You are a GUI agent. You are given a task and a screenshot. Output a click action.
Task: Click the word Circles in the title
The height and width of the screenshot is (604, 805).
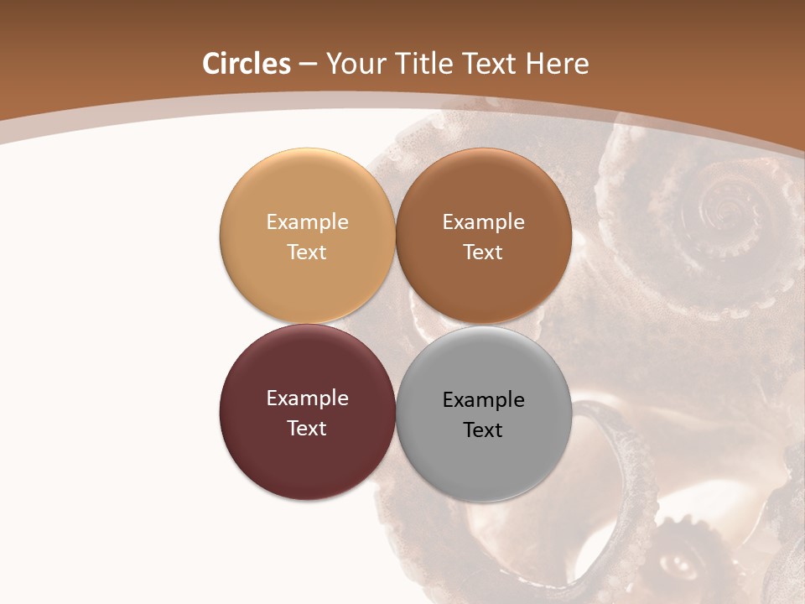point(246,64)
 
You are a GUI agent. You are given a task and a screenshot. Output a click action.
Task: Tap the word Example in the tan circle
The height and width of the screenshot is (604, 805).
point(307,221)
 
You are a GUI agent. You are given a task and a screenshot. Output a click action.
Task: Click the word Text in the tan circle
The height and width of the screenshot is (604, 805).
point(307,252)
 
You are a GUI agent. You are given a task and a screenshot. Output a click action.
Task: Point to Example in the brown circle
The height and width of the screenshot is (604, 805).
point(483,221)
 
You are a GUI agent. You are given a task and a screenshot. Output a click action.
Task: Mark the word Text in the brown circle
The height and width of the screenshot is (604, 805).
point(483,252)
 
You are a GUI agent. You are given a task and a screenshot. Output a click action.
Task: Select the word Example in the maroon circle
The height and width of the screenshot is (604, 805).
point(307,398)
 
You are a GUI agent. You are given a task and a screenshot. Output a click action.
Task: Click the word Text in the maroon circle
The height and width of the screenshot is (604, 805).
point(307,428)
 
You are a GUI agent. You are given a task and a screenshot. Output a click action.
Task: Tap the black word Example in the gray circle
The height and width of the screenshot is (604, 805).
point(483,399)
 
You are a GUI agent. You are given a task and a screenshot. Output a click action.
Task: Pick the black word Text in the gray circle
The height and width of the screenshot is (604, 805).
point(483,430)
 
